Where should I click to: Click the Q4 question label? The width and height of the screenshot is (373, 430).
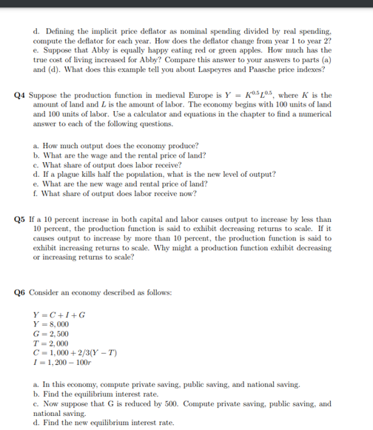click(21, 95)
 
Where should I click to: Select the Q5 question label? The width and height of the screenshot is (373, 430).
click(21, 220)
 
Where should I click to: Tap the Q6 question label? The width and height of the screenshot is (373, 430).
click(21, 292)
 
